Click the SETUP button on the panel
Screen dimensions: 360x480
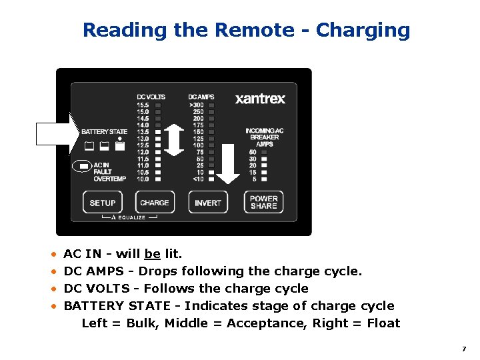[103, 203]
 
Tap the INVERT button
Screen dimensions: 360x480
[208, 203]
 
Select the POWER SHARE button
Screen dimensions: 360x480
[264, 202]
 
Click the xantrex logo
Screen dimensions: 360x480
[260, 99]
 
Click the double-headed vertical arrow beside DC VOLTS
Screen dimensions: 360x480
[174, 139]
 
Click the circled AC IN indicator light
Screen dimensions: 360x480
[83, 165]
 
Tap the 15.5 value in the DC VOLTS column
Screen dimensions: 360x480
[143, 105]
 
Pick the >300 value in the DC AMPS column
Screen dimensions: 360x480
[197, 105]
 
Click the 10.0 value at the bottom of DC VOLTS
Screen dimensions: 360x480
[143, 179]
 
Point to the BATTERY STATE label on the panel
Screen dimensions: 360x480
[104, 132]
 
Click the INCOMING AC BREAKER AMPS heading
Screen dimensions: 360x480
[264, 137]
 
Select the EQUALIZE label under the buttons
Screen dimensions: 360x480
[131, 217]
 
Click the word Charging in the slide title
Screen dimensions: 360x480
[363, 31]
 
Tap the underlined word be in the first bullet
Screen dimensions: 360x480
[152, 254]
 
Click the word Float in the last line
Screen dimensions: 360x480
[383, 323]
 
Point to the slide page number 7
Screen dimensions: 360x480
[463, 349]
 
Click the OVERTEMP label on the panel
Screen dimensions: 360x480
[109, 179]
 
